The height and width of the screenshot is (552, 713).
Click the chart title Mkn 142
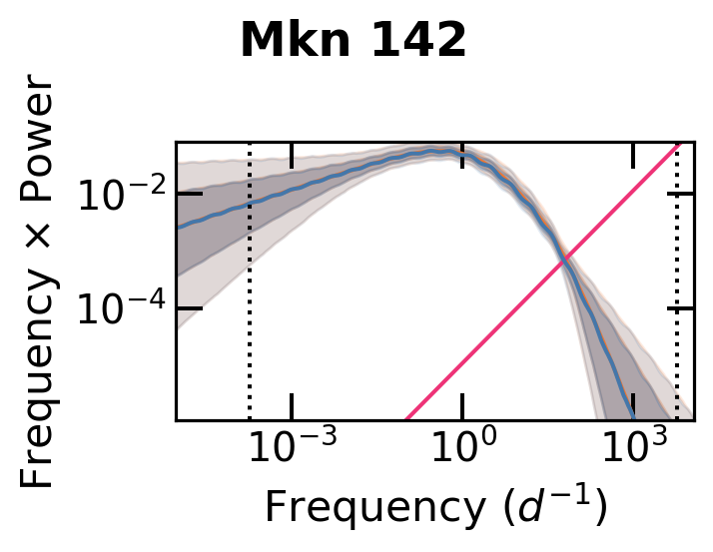(353, 41)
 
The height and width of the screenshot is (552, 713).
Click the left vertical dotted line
(249, 299)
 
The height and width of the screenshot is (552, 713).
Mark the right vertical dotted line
(677, 299)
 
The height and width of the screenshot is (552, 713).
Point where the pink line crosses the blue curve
(564, 259)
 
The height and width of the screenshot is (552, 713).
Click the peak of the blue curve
(439, 151)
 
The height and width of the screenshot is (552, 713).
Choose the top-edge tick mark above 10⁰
(462, 149)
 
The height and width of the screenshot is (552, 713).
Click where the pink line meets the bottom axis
(406, 419)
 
